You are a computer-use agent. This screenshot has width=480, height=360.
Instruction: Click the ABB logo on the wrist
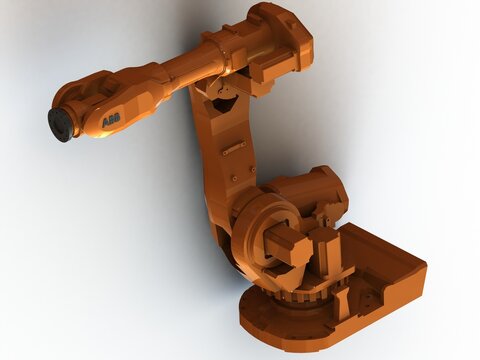111,119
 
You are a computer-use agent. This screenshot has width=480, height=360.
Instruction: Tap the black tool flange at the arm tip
60,124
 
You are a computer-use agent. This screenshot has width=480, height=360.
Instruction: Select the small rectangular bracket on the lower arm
233,149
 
